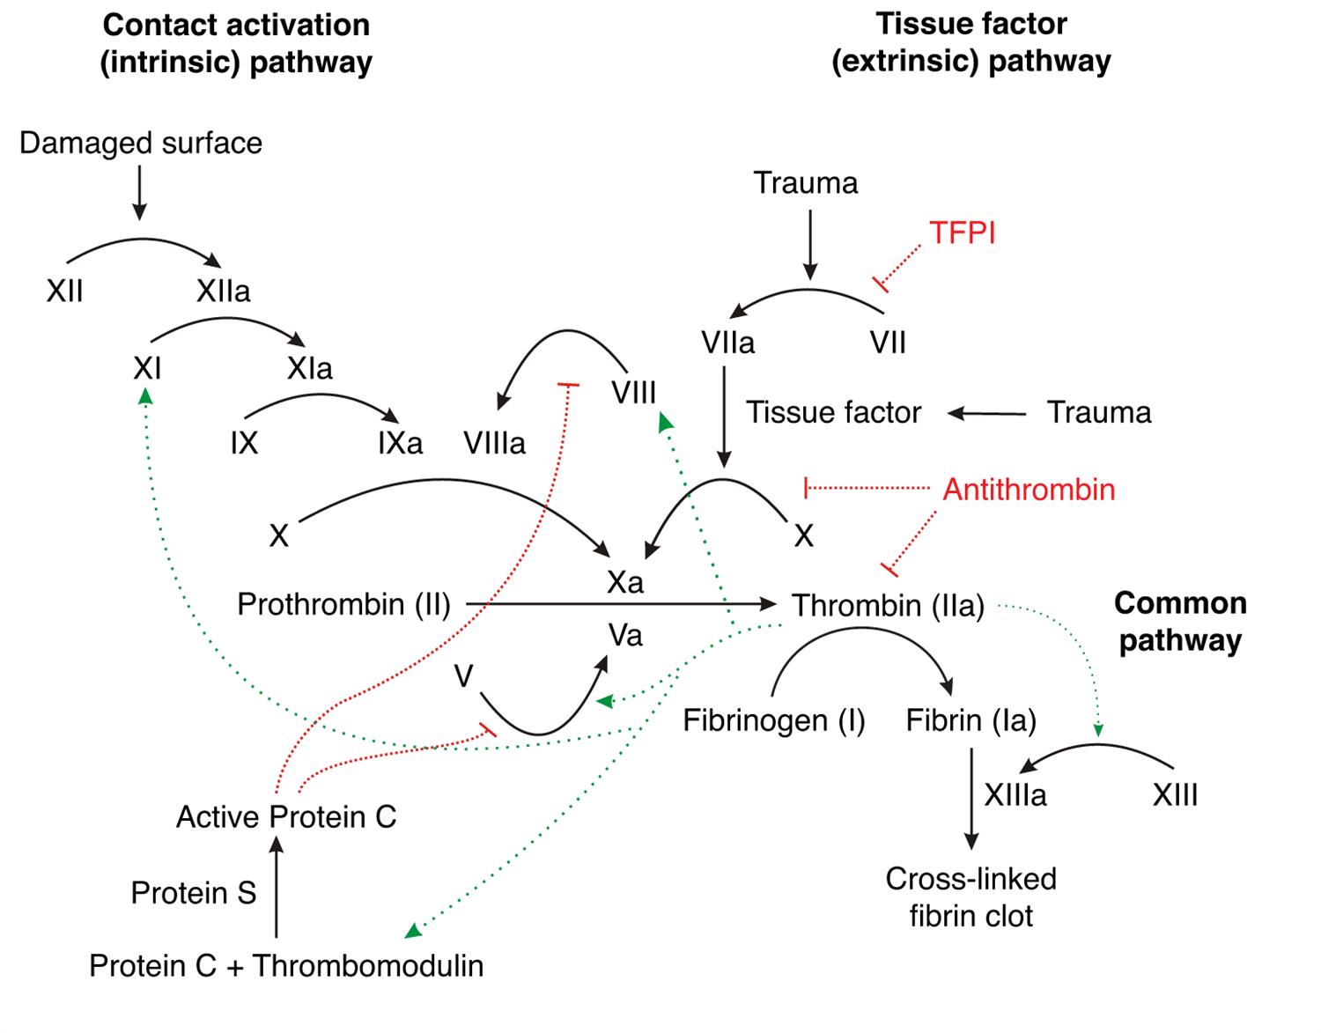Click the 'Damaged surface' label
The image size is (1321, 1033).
(141, 143)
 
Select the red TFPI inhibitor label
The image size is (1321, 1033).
(962, 233)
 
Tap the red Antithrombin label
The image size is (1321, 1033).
(1029, 490)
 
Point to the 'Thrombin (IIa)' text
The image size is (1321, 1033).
(888, 606)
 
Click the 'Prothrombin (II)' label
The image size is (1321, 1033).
(343, 605)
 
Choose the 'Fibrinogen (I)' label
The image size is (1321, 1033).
(774, 720)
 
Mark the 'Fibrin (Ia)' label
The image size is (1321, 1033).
(970, 720)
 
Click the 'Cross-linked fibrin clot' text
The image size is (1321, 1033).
(970, 897)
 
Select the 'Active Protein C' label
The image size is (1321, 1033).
(286, 817)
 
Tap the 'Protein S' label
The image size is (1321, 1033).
(193, 893)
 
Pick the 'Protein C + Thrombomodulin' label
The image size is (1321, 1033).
(286, 966)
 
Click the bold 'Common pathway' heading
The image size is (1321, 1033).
(1180, 622)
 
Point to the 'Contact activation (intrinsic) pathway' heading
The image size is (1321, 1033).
(236, 44)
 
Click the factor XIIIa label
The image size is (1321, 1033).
(1015, 795)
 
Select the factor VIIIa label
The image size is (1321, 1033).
(494, 443)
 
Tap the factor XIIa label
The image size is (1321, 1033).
(223, 291)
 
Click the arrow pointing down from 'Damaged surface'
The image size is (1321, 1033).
(139, 194)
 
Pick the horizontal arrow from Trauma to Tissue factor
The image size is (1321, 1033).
(987, 413)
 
